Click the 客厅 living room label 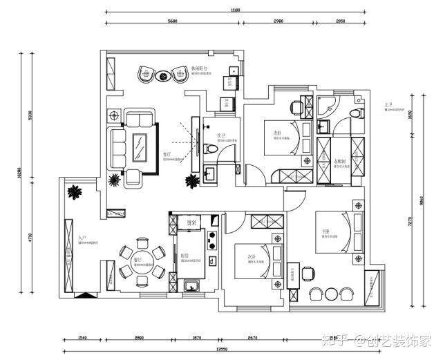pyautogui.click(x=167, y=155)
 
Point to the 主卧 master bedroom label pyautogui.click(x=325, y=231)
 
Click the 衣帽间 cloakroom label pyautogui.click(x=339, y=162)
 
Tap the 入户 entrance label pyautogui.click(x=82, y=238)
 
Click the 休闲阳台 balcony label pyautogui.click(x=198, y=68)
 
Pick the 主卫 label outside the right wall pyautogui.click(x=390, y=105)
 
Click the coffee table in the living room pyautogui.click(x=140, y=146)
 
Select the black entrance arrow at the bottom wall pyautogui.click(x=82, y=295)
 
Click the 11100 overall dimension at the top pyautogui.click(x=235, y=10)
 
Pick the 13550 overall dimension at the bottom pyautogui.click(x=223, y=349)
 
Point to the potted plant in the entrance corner pyautogui.click(x=73, y=191)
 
